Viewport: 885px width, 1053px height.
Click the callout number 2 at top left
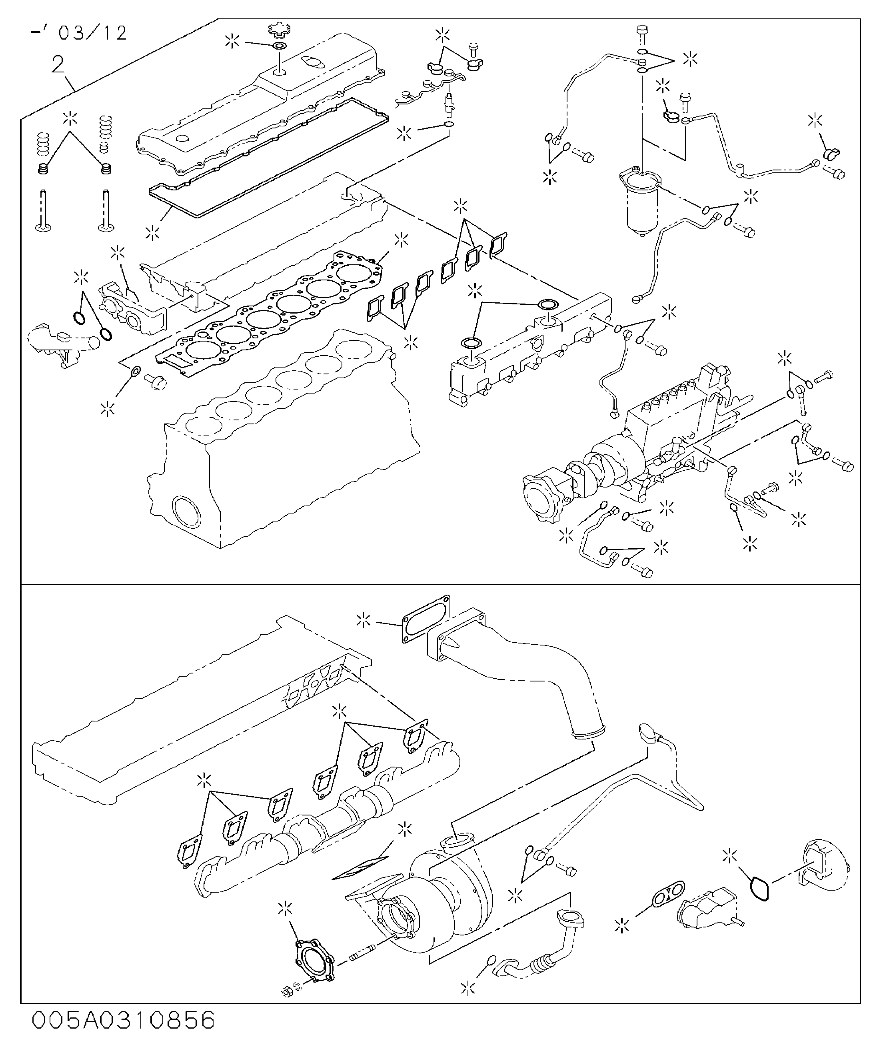pos(58,65)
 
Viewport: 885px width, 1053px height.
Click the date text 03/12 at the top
pos(92,33)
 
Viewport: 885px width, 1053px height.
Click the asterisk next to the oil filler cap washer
pos(232,42)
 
